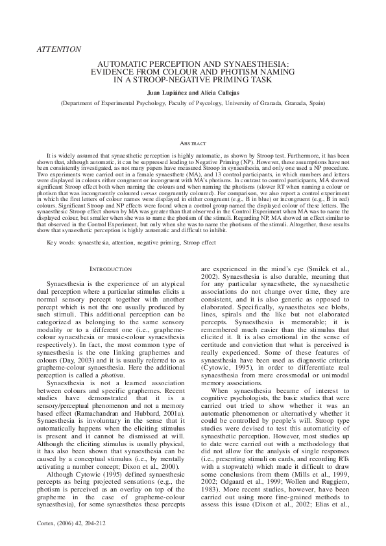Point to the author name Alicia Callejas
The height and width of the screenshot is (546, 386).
tap(222, 93)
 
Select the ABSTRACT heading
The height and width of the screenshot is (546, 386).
tap(193, 143)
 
